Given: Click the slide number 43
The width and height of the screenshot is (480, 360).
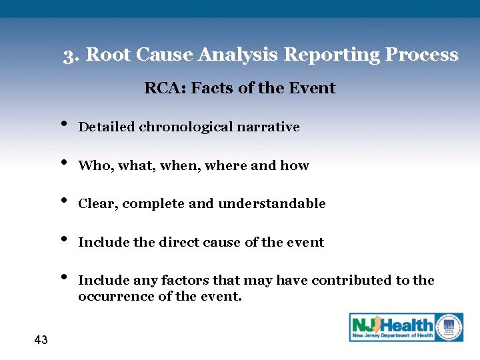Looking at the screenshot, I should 41,340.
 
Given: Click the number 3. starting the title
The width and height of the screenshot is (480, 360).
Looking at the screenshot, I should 72,55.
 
